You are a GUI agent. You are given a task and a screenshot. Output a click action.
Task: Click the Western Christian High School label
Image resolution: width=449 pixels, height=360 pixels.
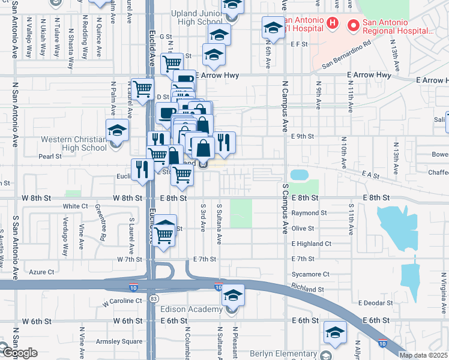coord(74,143)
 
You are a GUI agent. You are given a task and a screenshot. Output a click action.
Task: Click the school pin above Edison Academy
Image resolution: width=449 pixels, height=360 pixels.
coord(233,295)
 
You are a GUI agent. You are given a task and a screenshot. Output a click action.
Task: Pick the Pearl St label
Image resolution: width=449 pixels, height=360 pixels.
coord(50,157)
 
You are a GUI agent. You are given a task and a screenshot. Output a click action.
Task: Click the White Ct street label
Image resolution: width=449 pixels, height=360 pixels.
coord(75,206)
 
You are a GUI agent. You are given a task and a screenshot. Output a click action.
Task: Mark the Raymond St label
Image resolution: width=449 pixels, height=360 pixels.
coord(309,213)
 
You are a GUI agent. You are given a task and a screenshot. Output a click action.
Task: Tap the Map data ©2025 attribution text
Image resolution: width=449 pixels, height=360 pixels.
coord(423,355)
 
